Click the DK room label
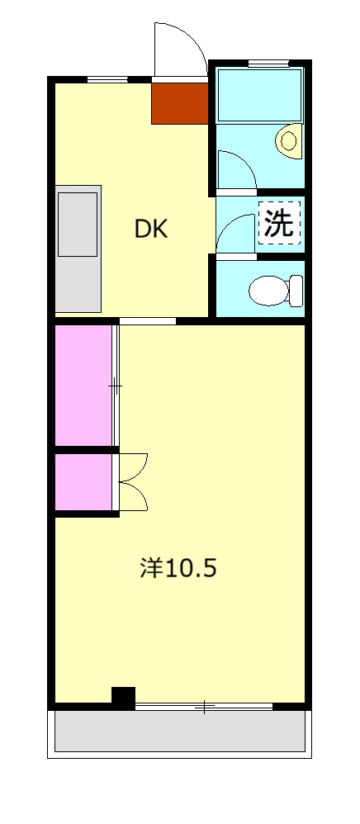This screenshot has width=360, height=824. click(151, 230)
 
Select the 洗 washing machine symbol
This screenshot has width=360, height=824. click(279, 224)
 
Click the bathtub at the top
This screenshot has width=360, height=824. click(258, 95)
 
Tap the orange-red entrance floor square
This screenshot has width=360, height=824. click(178, 102)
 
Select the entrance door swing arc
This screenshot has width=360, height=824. click(182, 48)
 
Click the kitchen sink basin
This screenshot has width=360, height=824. click(78, 224)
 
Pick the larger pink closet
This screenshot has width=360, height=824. click(83, 385)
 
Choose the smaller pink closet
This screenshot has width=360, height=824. click(83, 482)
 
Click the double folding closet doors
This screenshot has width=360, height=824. click(132, 482)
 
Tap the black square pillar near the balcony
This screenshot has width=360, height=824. click(123, 698)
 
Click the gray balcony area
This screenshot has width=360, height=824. click(180, 731)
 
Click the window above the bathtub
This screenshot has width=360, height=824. click(268, 63)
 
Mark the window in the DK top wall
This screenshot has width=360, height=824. click(107, 79)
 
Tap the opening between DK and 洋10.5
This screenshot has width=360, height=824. click(147, 320)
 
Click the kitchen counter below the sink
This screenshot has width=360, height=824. click(78, 285)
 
